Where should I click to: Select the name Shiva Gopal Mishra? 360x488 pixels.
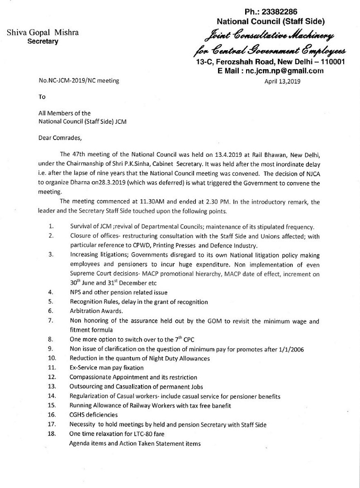(42, 33)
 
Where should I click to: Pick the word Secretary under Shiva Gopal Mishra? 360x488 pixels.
(43, 41)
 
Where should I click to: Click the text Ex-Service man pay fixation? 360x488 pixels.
(106, 368)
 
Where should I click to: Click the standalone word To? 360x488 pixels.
(42, 97)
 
